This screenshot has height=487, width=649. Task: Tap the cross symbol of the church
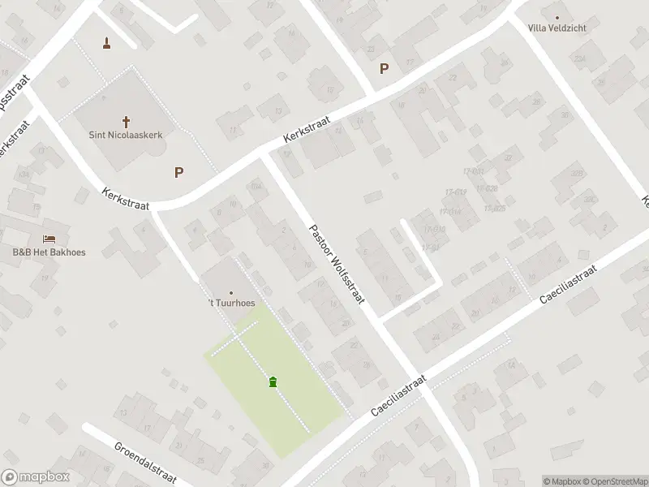point(126,121)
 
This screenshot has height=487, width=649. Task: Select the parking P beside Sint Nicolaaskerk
point(178,172)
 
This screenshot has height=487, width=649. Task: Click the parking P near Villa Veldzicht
point(384,69)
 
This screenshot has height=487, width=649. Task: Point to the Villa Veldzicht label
point(557,28)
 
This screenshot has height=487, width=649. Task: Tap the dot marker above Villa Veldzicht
point(557,17)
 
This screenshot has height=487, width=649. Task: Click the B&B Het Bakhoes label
point(49,252)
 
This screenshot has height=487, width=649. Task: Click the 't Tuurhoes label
point(231,304)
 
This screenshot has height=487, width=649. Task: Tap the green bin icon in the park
point(273,381)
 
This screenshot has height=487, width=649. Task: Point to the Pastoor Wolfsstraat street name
point(337,265)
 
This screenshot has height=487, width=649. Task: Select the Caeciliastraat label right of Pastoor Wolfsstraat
point(568,284)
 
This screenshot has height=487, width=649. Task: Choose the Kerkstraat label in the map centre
point(307,128)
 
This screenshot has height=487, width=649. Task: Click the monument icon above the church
point(106,42)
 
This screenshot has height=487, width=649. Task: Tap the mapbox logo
point(35,477)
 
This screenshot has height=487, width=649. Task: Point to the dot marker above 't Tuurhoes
point(231,293)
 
